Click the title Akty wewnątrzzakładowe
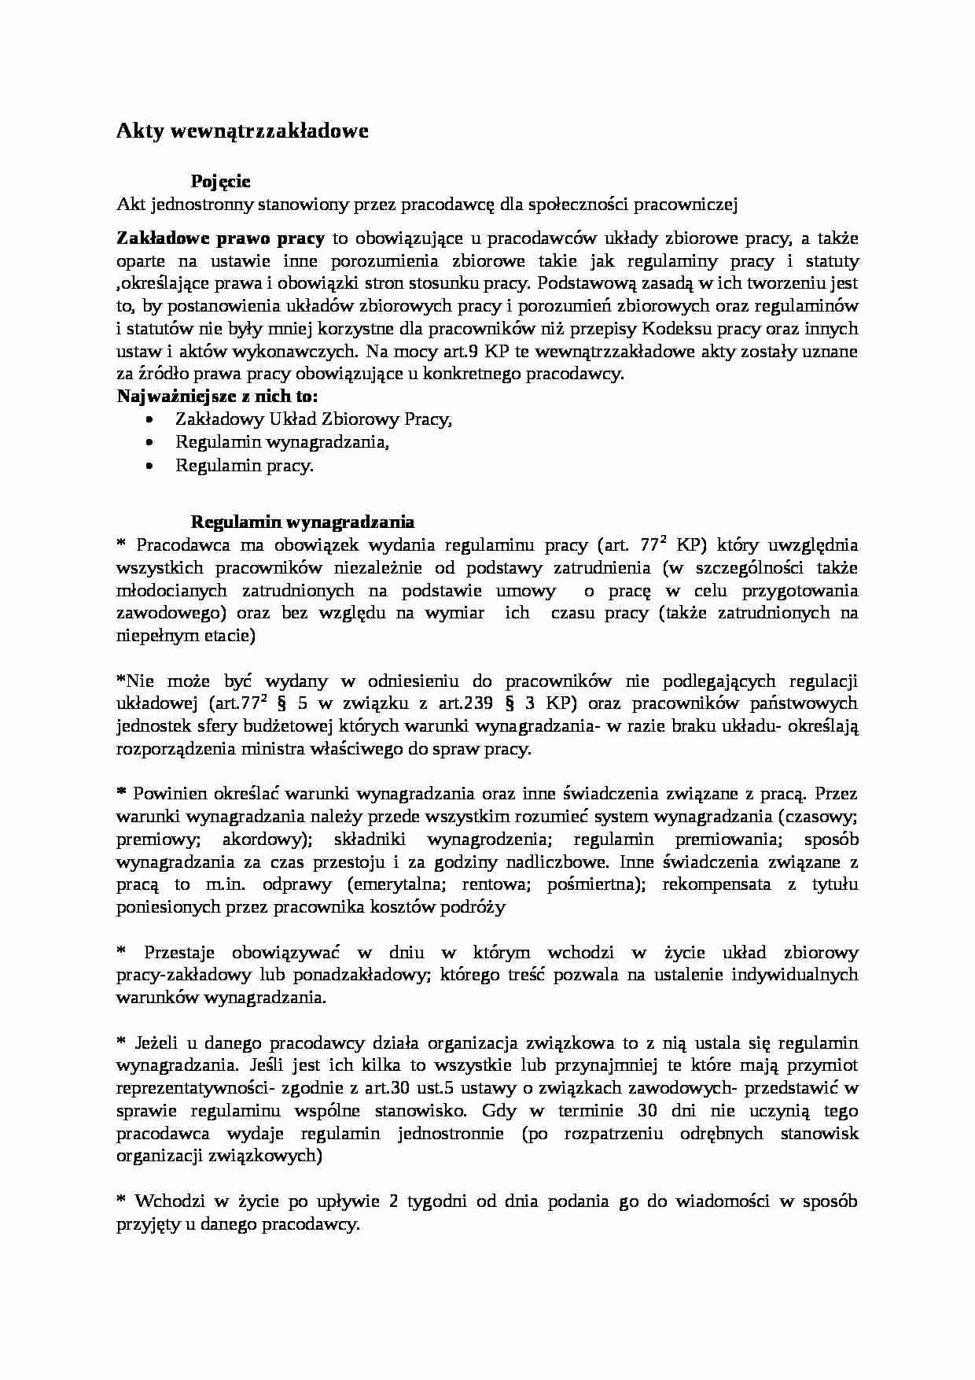pos(242,131)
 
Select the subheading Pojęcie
pos(221,182)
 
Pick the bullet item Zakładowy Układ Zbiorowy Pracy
pos(314,419)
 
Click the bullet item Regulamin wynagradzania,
pos(282,442)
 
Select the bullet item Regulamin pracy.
pos(244,465)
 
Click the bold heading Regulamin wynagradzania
pos(303,522)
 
